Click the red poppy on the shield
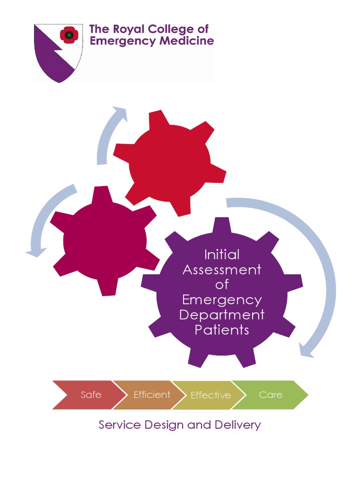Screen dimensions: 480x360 coord(69,35)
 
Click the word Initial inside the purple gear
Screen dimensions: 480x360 coord(222,255)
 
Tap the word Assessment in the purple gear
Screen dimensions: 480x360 coord(222,270)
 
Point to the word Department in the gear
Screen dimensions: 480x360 coord(222,315)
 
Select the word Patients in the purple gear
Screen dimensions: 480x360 coord(222,330)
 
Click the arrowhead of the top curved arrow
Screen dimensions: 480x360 coord(121,112)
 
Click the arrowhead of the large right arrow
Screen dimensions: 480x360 coord(306,351)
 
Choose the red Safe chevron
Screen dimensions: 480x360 coord(87,395)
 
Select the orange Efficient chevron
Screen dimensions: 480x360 coord(148,395)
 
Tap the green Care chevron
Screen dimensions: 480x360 coord(270,395)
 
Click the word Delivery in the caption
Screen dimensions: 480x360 coord(237,425)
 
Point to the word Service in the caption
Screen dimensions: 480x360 coord(120,425)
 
